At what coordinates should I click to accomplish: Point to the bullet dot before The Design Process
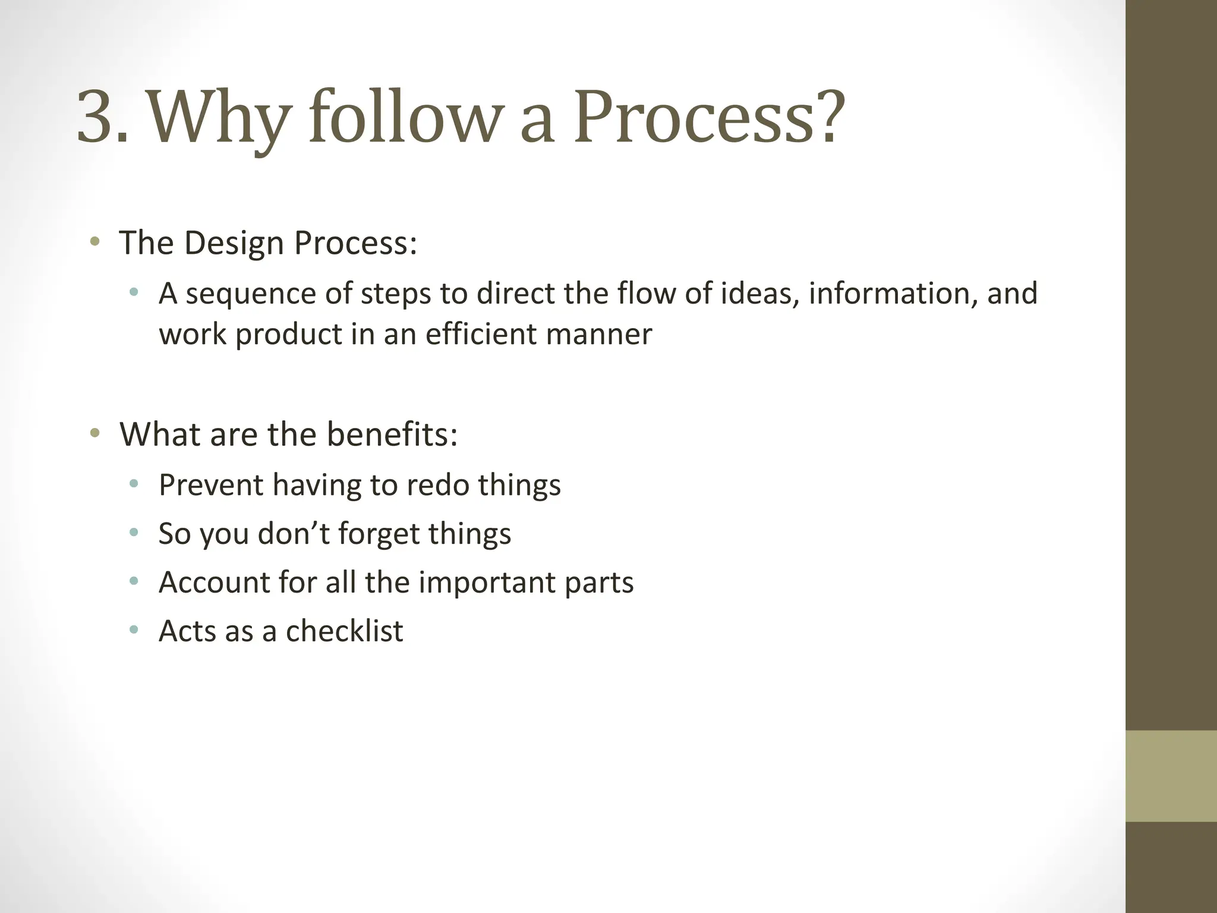pos(94,242)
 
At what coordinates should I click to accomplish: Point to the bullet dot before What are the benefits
pos(94,433)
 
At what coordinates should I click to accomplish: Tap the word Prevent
pos(211,485)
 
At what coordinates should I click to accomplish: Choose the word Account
pos(214,583)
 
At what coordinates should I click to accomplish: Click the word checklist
pos(344,631)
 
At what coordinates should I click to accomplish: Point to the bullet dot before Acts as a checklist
pos(134,629)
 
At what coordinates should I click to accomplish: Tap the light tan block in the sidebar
pos(1171,776)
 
